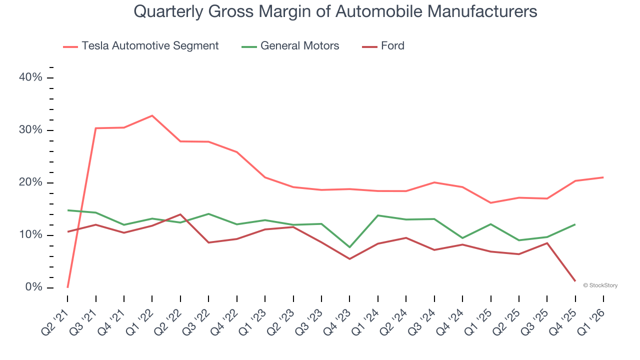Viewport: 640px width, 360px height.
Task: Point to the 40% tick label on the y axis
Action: coord(30,77)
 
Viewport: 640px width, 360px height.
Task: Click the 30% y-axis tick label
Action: coord(30,130)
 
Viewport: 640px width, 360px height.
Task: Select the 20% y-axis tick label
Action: coord(30,182)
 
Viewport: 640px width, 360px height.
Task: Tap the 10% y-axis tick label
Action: coord(30,235)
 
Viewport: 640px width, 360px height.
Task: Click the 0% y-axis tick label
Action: coord(33,287)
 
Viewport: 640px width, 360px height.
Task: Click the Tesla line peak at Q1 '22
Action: coord(152,115)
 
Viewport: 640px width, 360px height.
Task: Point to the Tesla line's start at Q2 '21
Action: coord(67,287)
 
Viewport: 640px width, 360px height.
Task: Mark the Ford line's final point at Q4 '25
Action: coord(575,281)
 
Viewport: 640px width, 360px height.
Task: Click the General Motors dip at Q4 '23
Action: coord(349,247)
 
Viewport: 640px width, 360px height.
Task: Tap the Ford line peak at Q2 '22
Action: coord(180,214)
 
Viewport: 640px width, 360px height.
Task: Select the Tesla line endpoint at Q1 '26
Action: coord(603,177)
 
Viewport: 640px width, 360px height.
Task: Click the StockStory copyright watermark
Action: coord(600,285)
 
